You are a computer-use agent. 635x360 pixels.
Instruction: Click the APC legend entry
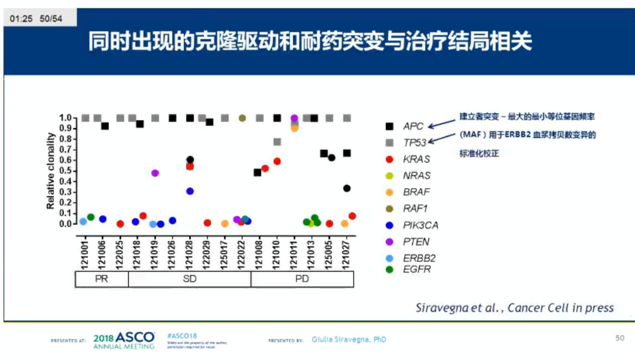click(413, 126)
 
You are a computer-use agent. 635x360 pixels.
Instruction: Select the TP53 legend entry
click(414, 143)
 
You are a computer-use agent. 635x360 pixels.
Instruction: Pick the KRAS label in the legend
click(416, 159)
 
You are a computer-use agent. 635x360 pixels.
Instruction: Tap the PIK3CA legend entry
click(420, 225)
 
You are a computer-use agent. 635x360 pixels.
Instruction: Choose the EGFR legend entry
click(416, 269)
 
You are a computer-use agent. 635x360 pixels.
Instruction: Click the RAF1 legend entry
click(415, 208)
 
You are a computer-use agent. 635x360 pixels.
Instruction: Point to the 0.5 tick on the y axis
click(65, 171)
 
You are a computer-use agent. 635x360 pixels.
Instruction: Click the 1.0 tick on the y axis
click(65, 118)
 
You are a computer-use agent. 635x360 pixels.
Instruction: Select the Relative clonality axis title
click(50, 171)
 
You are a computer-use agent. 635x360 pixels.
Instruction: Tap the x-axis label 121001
click(85, 255)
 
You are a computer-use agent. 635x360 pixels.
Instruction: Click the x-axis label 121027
click(346, 255)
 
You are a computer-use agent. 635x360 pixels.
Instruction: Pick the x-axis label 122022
click(241, 255)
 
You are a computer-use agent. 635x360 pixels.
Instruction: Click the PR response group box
click(101, 279)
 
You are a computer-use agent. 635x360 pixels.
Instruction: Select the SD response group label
click(190, 279)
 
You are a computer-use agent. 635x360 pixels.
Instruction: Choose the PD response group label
click(302, 279)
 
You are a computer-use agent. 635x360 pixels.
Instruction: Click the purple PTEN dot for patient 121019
click(155, 173)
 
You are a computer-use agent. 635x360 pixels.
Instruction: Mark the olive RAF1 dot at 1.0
click(242, 118)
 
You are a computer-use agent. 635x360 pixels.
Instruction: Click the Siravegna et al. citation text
click(514, 308)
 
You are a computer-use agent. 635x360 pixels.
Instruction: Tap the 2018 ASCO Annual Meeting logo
click(124, 340)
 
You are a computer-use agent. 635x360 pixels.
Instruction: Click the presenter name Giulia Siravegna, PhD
click(349, 340)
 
